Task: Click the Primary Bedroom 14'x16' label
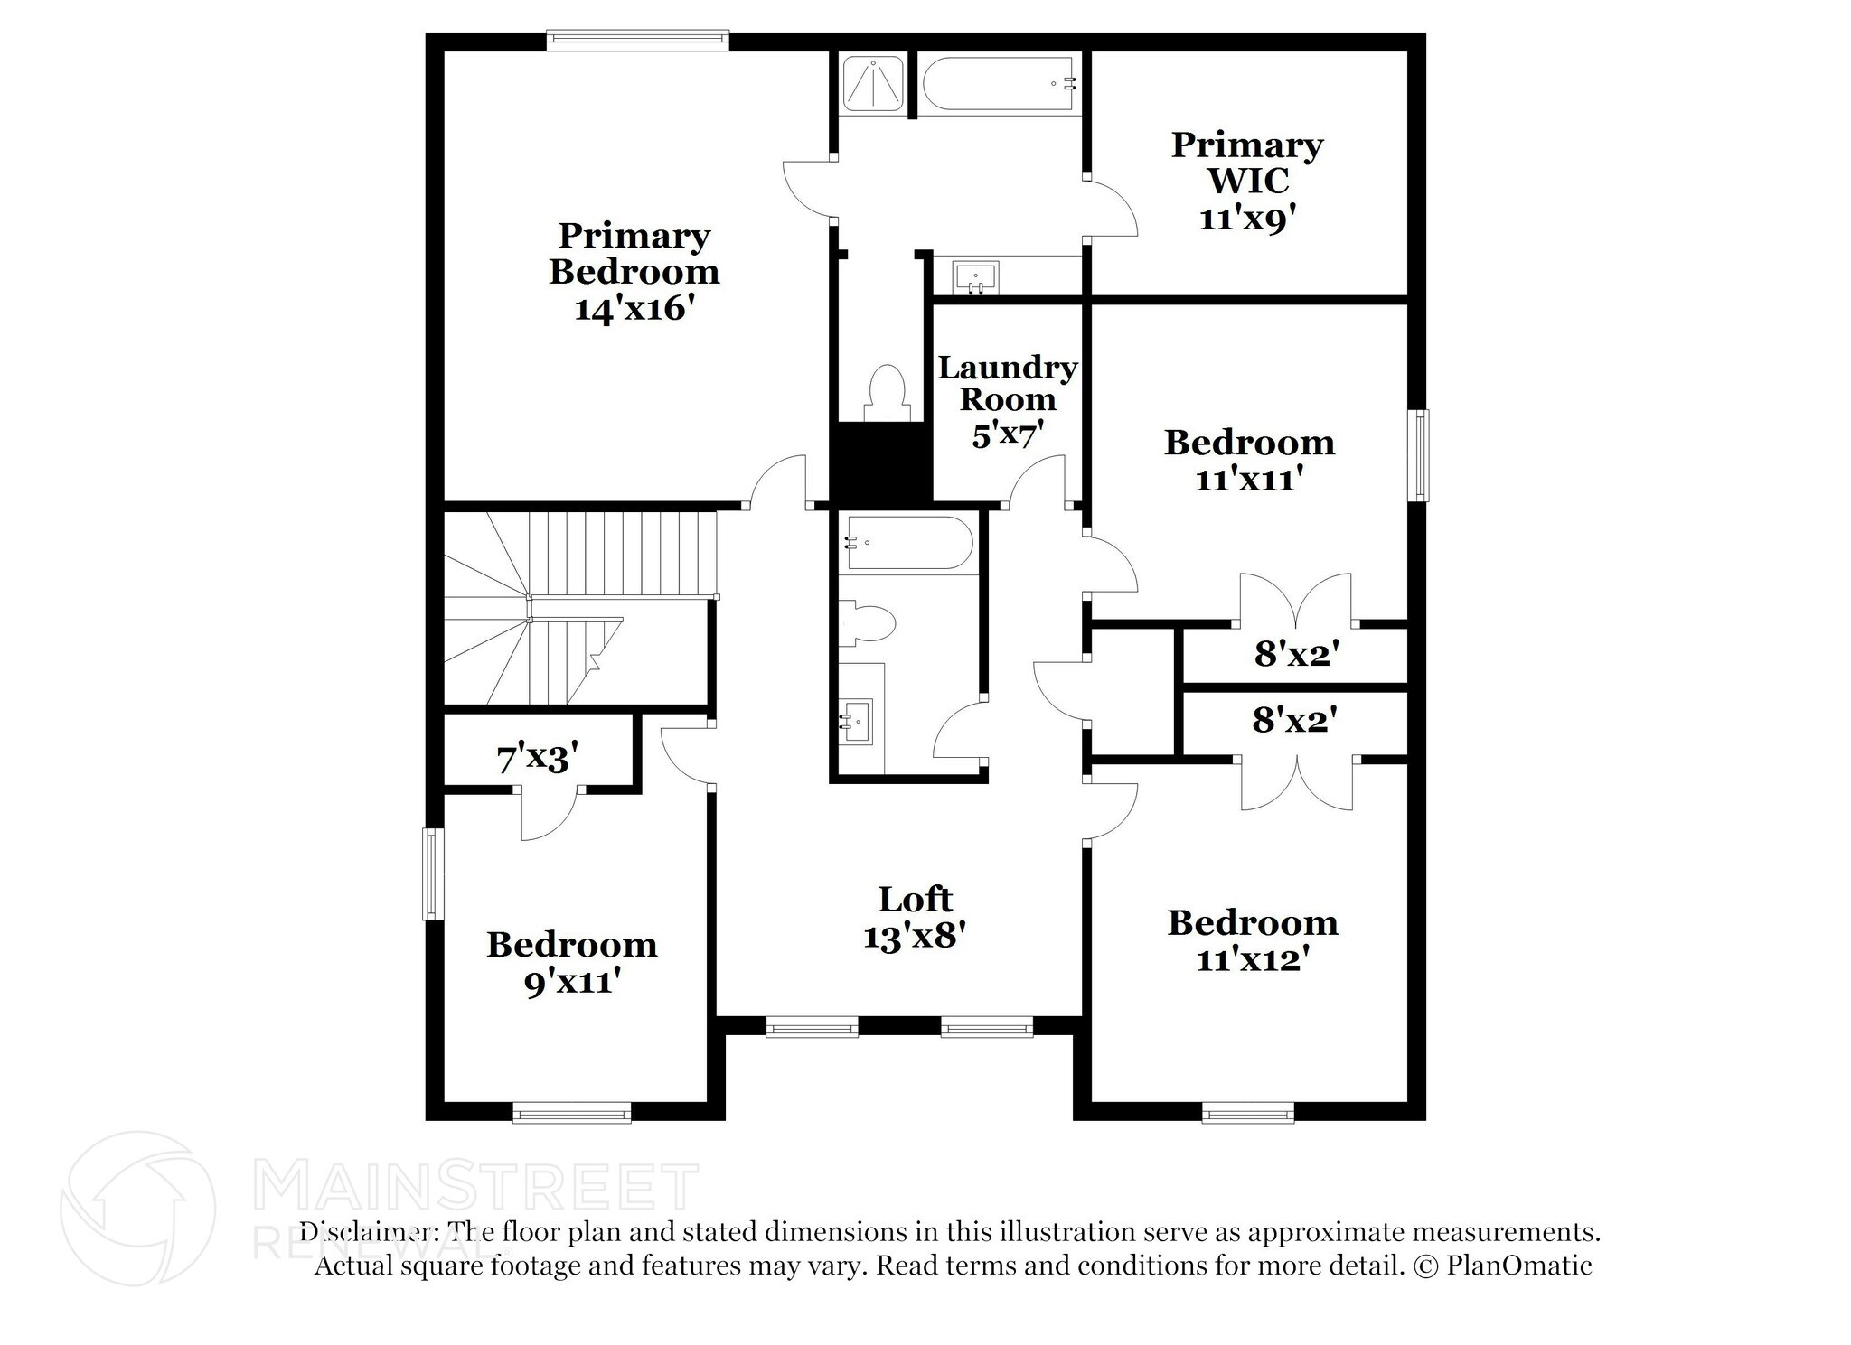point(634,271)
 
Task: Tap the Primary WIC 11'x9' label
point(1247,181)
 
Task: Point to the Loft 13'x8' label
point(915,918)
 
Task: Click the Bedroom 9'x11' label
point(571,962)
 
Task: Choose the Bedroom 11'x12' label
point(1253,940)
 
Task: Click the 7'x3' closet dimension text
point(537,757)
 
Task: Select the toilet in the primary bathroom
point(885,392)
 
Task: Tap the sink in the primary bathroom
point(975,276)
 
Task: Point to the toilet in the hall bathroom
point(868,624)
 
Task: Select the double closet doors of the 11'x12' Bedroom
point(1296,782)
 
